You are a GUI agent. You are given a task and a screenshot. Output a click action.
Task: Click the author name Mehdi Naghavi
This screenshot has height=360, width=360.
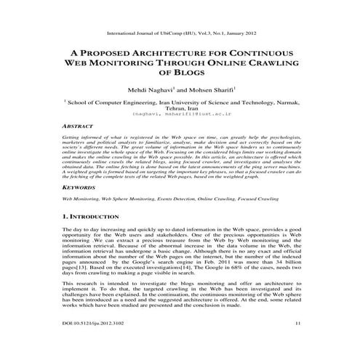pyautogui.click(x=150, y=89)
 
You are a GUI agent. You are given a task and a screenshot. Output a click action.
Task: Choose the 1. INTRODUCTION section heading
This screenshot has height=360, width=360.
pyautogui.click(x=97, y=216)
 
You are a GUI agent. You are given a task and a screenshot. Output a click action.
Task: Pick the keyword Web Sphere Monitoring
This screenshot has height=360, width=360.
pyautogui.click(x=142, y=198)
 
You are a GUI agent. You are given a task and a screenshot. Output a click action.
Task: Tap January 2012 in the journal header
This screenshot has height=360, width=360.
pyautogui.click(x=243, y=33)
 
